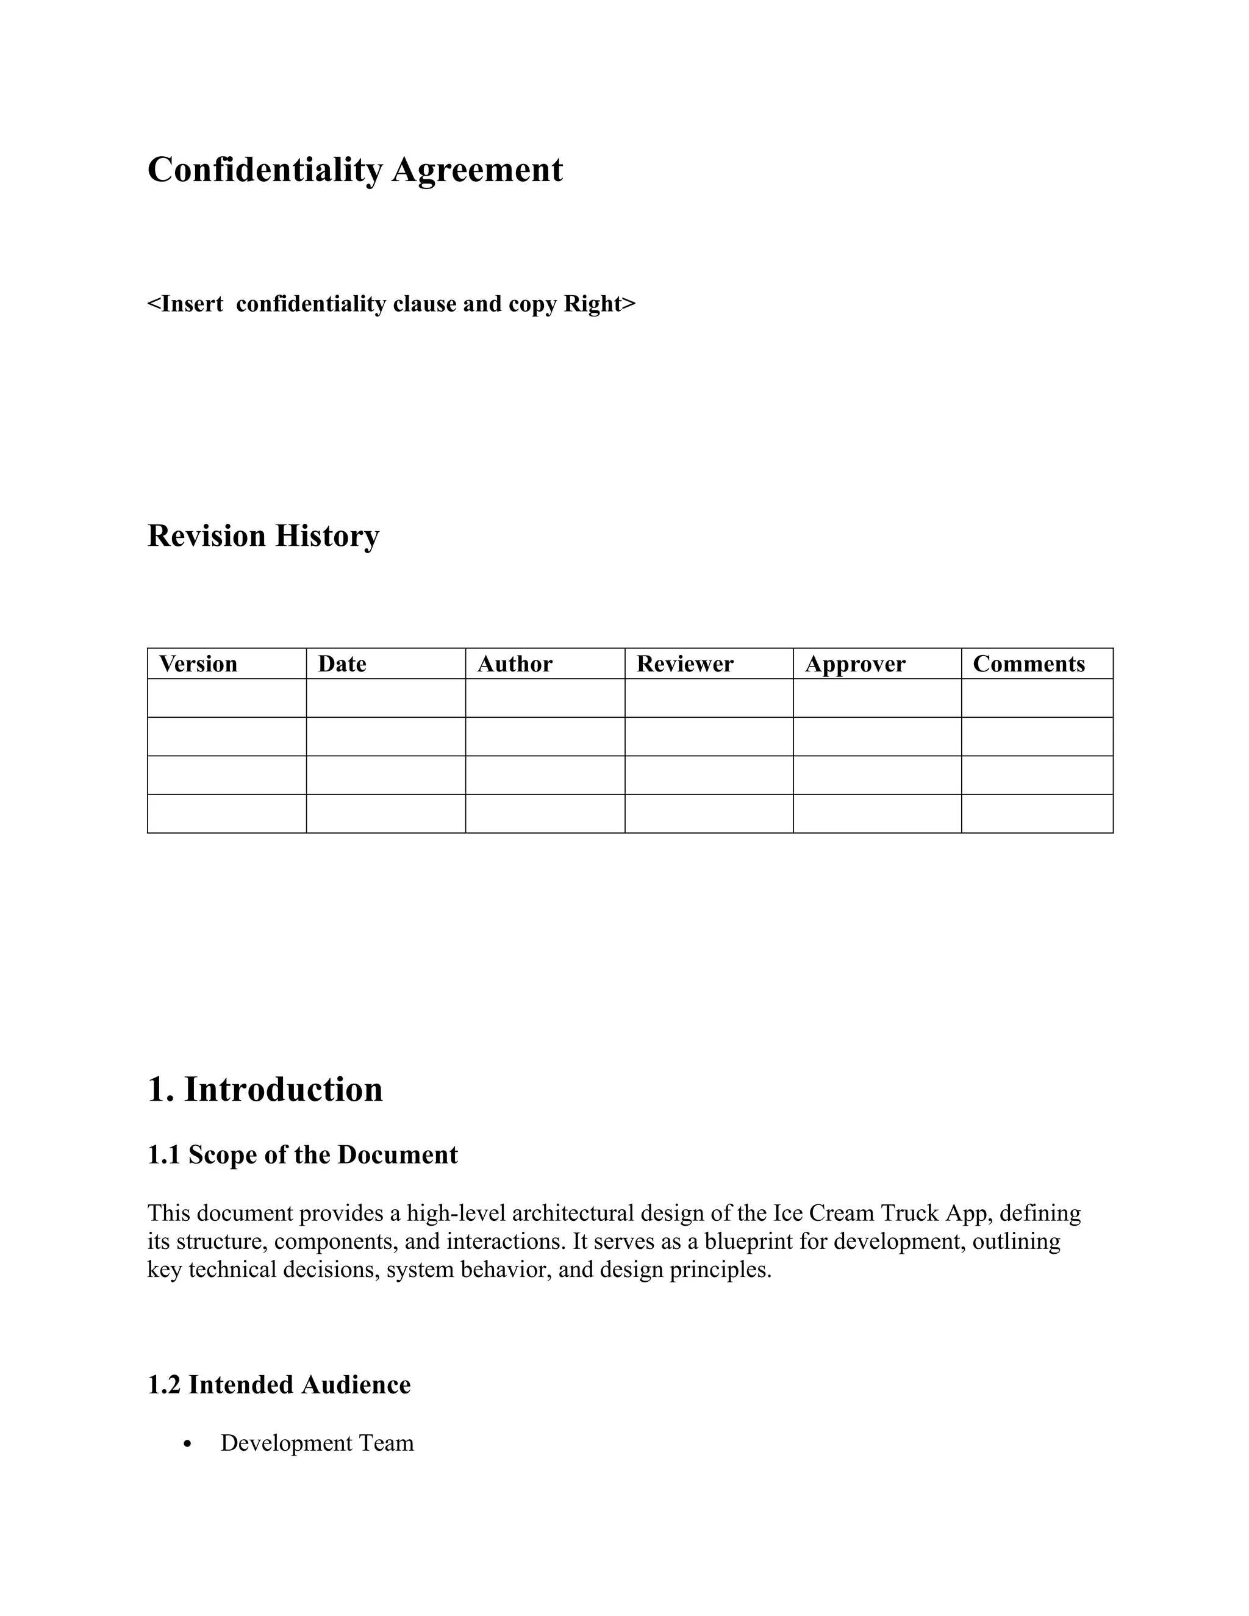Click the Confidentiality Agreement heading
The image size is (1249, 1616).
pyautogui.click(x=355, y=170)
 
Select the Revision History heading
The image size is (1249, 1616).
pyautogui.click(x=263, y=535)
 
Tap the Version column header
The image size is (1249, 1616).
pyautogui.click(x=198, y=663)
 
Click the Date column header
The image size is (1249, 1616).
pyautogui.click(x=342, y=663)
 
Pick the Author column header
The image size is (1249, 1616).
pyautogui.click(x=515, y=663)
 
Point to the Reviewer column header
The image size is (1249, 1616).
pyautogui.click(x=685, y=663)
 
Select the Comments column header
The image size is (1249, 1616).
pyautogui.click(x=1028, y=663)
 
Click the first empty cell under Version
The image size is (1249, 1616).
pyautogui.click(x=226, y=698)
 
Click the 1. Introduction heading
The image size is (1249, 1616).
pyautogui.click(x=265, y=1089)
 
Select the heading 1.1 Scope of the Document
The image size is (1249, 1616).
pyautogui.click(x=302, y=1155)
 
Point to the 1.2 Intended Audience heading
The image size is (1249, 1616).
pyautogui.click(x=279, y=1385)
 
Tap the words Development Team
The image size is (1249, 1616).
pyautogui.click(x=317, y=1443)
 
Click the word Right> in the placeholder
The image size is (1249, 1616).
pyautogui.click(x=599, y=304)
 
